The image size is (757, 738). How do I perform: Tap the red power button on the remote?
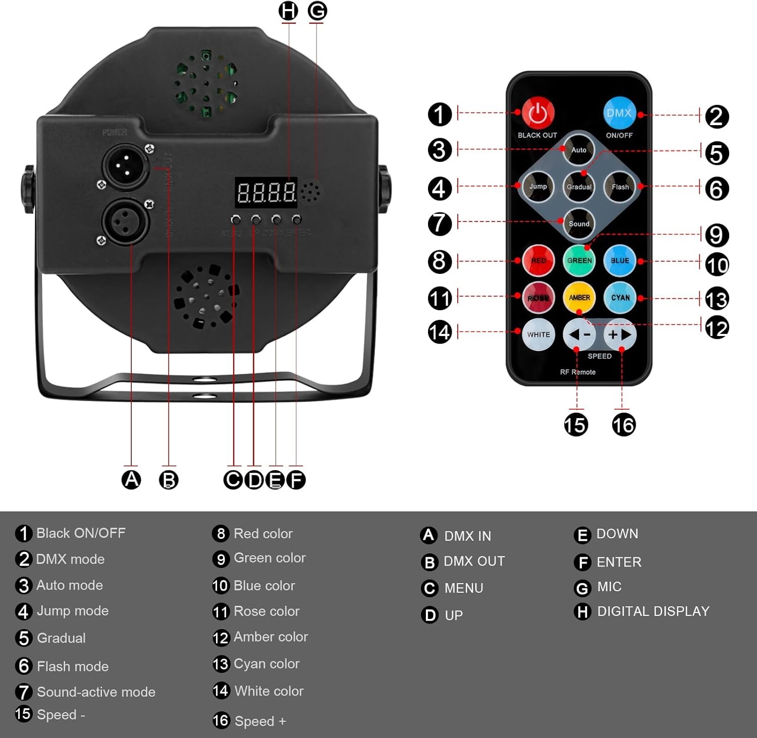pos(537,113)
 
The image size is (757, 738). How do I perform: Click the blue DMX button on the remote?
pos(619,113)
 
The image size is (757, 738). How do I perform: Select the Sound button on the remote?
pos(579,223)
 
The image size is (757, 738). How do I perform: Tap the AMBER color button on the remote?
pos(579,298)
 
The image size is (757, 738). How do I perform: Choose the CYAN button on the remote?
pos(620,298)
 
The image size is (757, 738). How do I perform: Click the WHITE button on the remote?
pos(538,334)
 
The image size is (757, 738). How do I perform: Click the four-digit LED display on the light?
pos(266,192)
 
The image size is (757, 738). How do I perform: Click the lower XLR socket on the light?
pos(126,221)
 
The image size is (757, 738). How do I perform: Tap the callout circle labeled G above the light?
pos(317,11)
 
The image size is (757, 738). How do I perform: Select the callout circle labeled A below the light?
pos(131,479)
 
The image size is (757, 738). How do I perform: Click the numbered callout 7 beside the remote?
pos(440,223)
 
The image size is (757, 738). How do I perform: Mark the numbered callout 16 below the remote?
pos(624,425)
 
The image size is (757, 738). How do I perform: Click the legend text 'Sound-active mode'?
pos(96,692)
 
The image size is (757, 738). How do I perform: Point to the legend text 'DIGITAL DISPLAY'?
pos(653,611)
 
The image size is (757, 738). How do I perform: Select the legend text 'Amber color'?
pos(271,637)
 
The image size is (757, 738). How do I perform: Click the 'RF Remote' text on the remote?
pos(578,372)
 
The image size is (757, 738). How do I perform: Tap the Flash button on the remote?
pos(620,187)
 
